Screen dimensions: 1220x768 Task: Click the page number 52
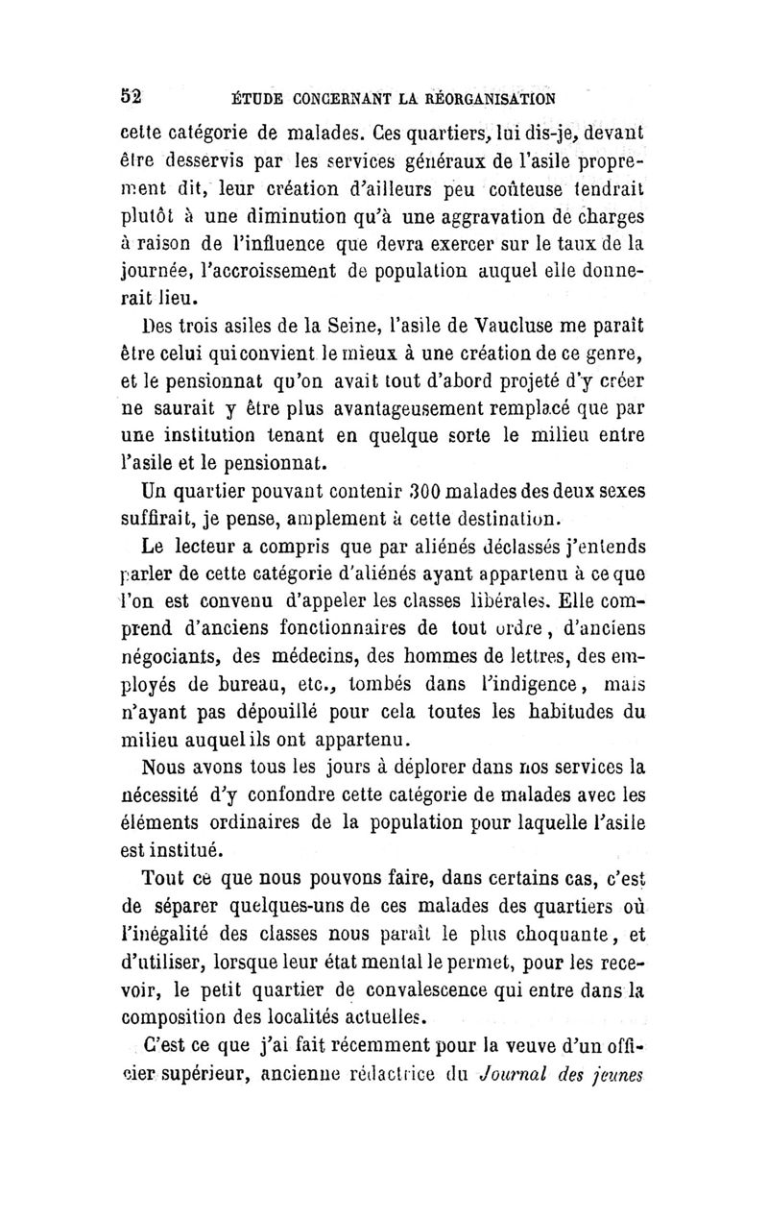132,97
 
